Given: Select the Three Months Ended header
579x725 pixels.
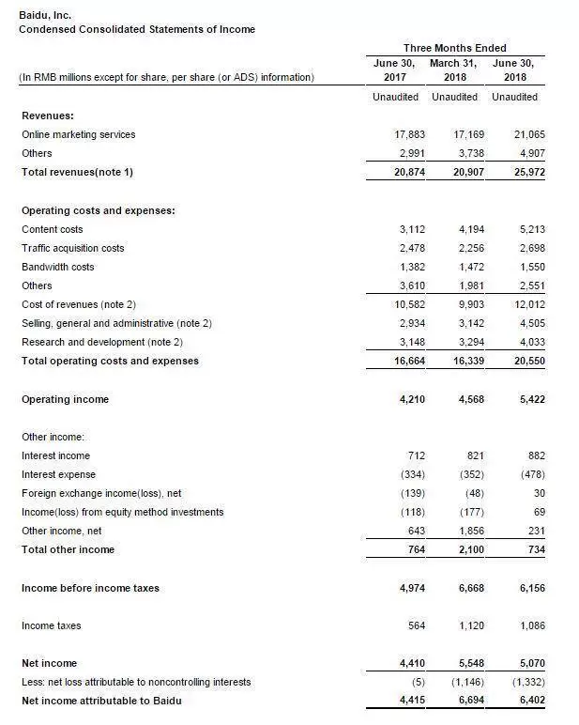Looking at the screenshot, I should click(x=454, y=48).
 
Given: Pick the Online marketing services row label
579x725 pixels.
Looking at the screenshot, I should click(x=78, y=134).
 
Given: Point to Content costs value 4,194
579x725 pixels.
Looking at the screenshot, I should click(x=461, y=229).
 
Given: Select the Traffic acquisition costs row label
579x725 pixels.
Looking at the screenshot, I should click(x=72, y=248).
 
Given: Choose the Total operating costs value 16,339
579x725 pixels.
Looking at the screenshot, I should click(x=458, y=361).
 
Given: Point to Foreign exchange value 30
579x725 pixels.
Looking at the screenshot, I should click(x=538, y=493).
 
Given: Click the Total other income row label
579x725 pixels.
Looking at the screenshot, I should click(x=68, y=549).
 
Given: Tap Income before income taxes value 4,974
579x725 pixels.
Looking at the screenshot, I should click(x=402, y=588).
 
